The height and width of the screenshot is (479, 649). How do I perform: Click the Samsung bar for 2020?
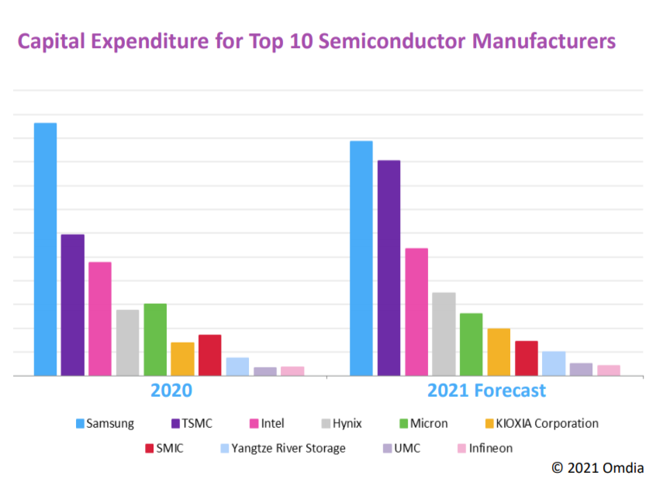[x=45, y=249]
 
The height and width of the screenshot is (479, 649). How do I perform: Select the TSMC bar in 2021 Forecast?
[x=388, y=267]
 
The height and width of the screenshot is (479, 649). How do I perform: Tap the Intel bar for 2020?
[x=100, y=319]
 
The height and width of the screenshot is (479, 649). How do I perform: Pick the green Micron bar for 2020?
[x=155, y=339]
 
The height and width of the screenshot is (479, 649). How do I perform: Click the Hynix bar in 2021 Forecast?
[x=444, y=334]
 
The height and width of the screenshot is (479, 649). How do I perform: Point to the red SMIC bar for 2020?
[x=210, y=355]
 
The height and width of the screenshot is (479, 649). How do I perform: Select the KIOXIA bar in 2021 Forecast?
[x=499, y=352]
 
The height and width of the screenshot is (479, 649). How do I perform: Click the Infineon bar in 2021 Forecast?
[x=609, y=370]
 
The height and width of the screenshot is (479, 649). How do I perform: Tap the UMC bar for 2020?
[x=265, y=371]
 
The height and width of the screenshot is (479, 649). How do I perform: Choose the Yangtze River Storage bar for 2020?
[x=237, y=367]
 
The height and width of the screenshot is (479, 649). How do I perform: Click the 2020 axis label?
[x=171, y=390]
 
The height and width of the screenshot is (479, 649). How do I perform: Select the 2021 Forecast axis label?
[x=486, y=390]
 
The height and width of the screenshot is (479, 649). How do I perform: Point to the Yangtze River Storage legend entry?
[x=288, y=448]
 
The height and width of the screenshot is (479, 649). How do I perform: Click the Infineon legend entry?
[x=490, y=448]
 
